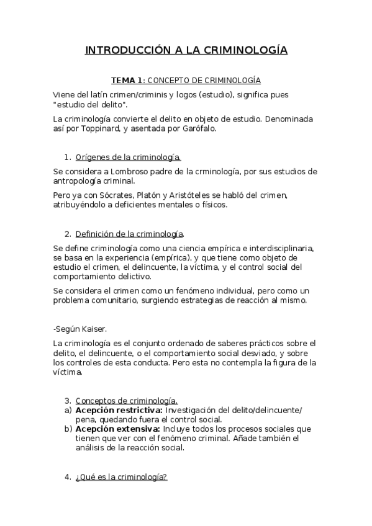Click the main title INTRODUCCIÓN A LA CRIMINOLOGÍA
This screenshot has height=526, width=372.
[x=186, y=50]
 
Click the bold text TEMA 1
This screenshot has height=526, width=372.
[x=127, y=81]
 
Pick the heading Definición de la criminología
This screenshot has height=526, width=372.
[x=129, y=234]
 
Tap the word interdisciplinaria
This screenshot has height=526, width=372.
[x=278, y=248]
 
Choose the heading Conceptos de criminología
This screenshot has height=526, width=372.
[x=127, y=401]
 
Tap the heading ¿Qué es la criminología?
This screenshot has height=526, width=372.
[x=121, y=477]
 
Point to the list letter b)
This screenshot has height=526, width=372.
[x=68, y=429]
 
